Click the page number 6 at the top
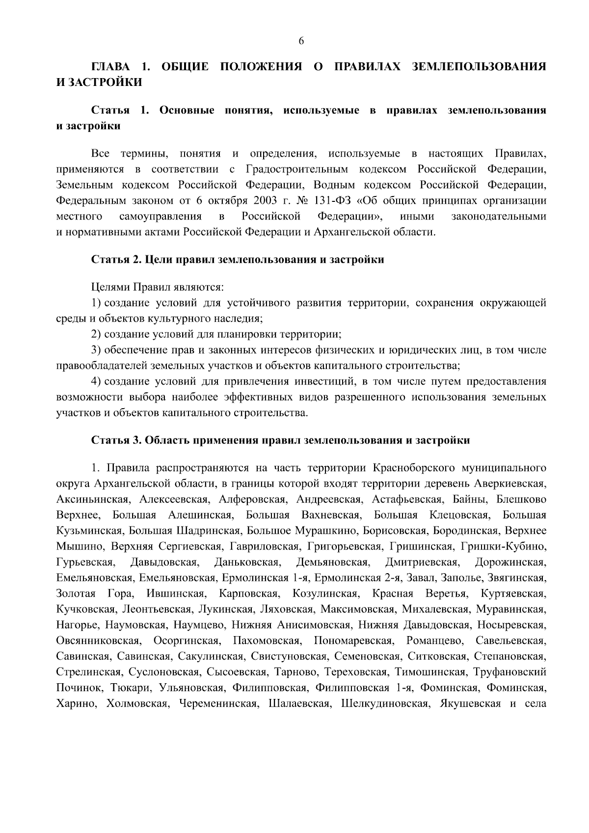[x=301, y=41]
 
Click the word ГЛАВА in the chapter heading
[x=111, y=66]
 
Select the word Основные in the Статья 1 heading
[x=187, y=110]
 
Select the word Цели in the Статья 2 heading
[x=158, y=259]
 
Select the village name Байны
[x=472, y=499]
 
